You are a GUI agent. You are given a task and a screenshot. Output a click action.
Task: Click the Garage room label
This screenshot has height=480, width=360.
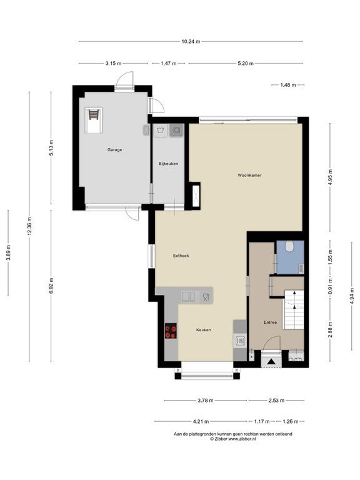click(114, 150)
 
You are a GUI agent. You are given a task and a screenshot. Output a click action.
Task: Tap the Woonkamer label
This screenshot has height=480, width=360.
click(249, 176)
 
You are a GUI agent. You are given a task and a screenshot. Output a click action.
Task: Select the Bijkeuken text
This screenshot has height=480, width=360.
click(168, 164)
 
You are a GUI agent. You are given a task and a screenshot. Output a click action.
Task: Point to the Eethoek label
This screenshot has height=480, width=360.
click(181, 256)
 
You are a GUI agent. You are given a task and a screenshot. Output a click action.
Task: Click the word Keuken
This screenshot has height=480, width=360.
click(204, 330)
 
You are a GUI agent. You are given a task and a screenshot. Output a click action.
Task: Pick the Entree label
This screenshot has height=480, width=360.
click(270, 322)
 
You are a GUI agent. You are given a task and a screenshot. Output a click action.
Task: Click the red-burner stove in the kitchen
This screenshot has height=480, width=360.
click(171, 331)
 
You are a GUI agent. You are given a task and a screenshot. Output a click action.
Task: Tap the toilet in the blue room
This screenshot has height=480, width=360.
click(289, 246)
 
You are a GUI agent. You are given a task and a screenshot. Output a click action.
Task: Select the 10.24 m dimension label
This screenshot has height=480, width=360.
click(191, 42)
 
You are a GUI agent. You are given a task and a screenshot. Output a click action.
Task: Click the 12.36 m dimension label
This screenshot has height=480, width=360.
click(29, 226)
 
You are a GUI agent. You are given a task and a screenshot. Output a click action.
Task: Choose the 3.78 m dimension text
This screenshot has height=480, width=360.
click(206, 401)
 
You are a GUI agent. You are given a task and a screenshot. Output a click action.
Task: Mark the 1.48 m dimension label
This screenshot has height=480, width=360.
click(288, 85)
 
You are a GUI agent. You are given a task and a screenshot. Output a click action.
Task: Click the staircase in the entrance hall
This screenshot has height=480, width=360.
click(294, 309)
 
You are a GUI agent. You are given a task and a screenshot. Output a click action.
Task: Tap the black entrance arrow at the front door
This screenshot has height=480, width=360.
click(271, 362)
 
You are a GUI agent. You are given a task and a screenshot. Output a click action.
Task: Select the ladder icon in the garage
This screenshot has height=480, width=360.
click(94, 115)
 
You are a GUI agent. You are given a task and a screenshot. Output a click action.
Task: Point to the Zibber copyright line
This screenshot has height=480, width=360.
click(233, 439)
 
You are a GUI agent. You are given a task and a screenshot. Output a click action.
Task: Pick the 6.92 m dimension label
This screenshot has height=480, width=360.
click(51, 286)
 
